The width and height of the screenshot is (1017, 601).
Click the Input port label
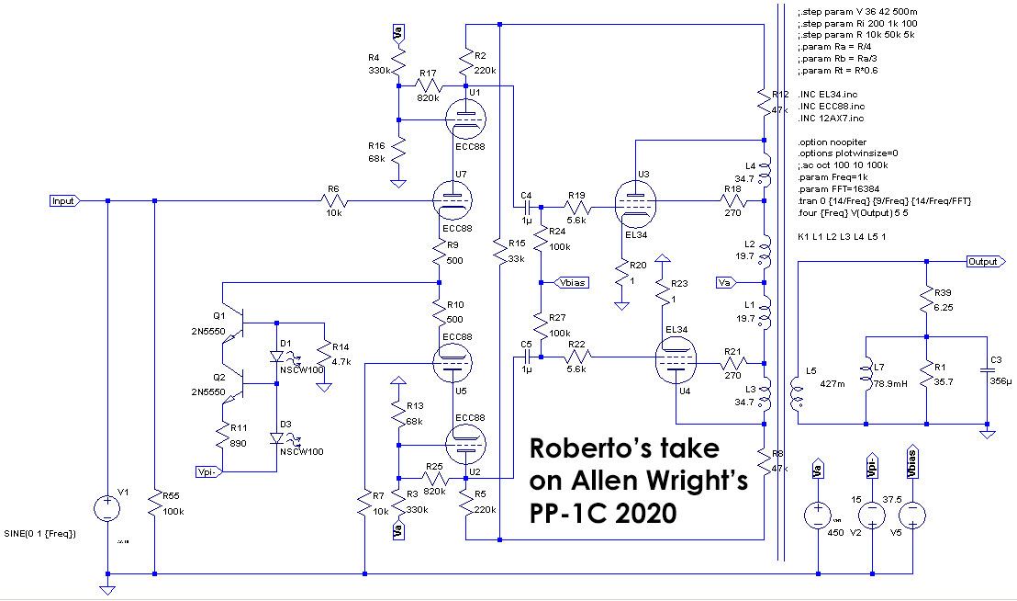point(64,199)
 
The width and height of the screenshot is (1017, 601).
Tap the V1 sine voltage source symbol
point(107,508)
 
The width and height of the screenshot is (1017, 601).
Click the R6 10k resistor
point(333,199)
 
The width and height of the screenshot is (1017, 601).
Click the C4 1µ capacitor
point(527,208)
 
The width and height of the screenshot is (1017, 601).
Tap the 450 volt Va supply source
point(816,516)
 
